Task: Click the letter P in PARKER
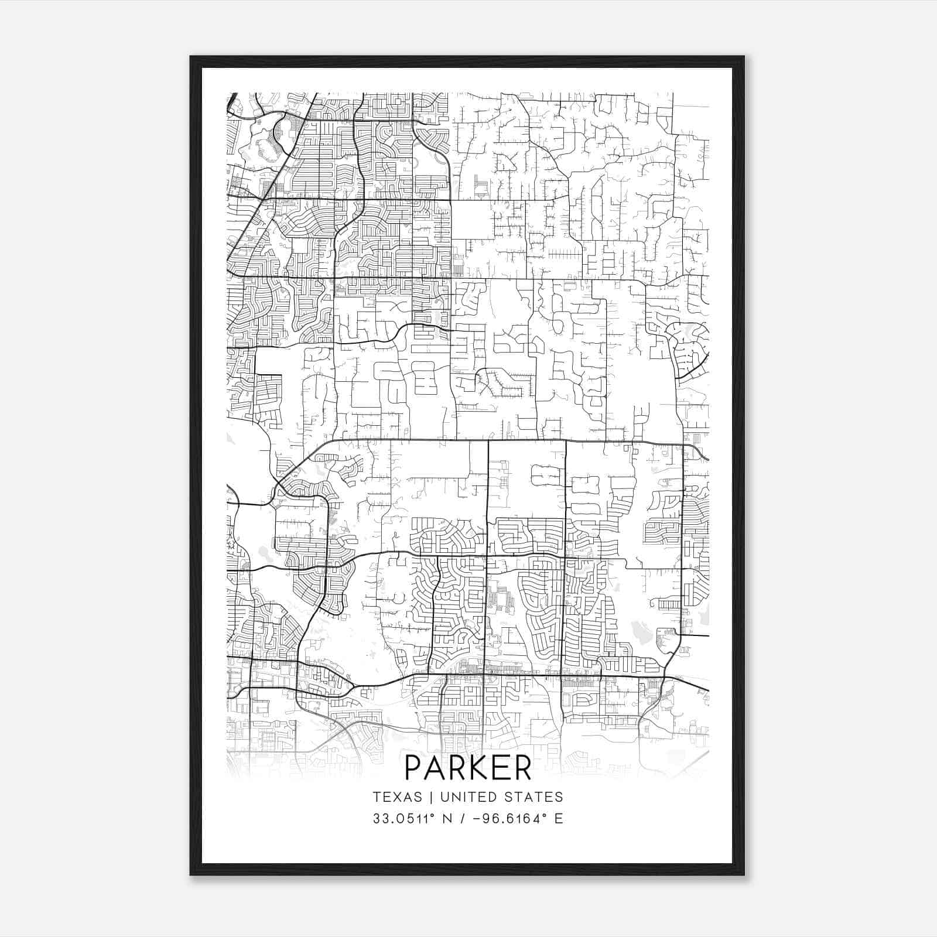pyautogui.click(x=415, y=768)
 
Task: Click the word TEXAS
pyautogui.click(x=397, y=797)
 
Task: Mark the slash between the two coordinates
pyautogui.click(x=463, y=819)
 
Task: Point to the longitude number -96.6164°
pyautogui.click(x=511, y=819)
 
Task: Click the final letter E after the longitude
pyautogui.click(x=559, y=819)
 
